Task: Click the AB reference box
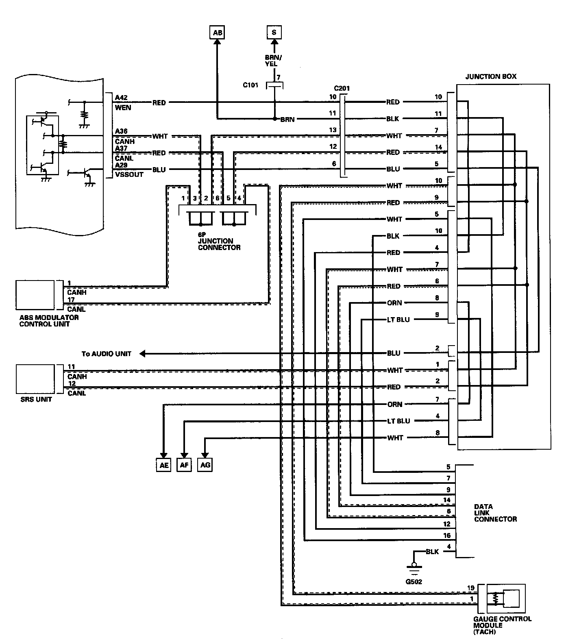tap(218, 33)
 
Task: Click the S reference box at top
tap(274, 32)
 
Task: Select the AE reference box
tap(164, 465)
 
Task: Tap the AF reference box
tap(184, 465)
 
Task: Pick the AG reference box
tap(205, 465)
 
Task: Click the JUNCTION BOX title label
tap(491, 76)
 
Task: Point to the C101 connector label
tap(250, 85)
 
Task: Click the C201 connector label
tap(342, 88)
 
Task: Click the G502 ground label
tap(414, 582)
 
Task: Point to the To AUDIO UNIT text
tap(107, 354)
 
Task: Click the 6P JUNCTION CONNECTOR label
tap(219, 244)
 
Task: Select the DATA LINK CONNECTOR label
tap(495, 513)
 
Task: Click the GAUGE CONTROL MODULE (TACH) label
tap(502, 625)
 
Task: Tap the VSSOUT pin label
tap(129, 174)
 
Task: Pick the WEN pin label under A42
tap(123, 107)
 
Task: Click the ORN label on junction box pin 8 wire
tap(394, 303)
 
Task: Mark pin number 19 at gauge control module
tap(471, 588)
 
